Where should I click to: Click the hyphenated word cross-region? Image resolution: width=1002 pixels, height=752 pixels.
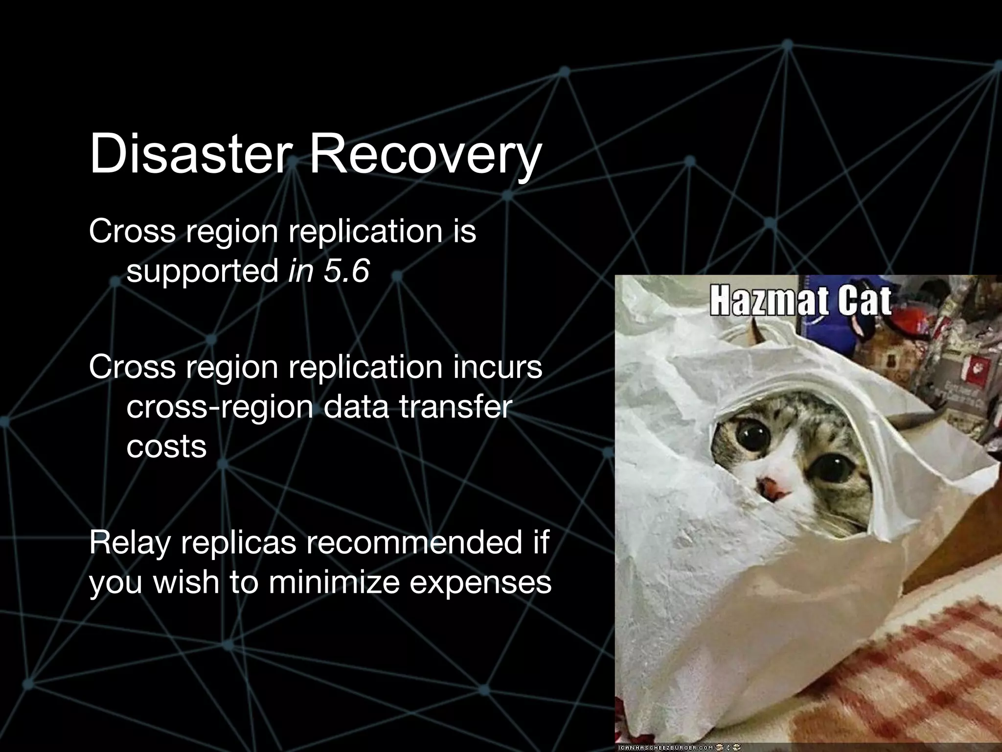tap(219, 406)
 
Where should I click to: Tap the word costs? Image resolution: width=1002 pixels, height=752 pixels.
tap(166, 446)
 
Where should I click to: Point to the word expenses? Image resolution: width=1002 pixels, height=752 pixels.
tap(480, 583)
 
